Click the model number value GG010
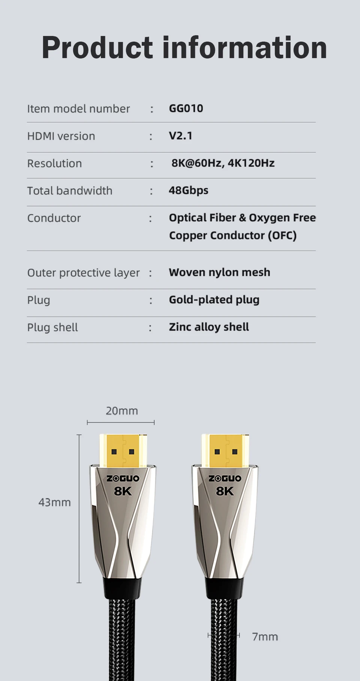(x=186, y=109)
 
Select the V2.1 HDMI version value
(x=180, y=136)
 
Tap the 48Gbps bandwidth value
(x=188, y=190)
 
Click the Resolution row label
(x=54, y=163)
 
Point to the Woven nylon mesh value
(x=219, y=272)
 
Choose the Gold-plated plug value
(x=214, y=300)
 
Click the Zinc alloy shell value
(x=209, y=327)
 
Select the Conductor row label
(x=54, y=218)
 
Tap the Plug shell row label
(x=52, y=328)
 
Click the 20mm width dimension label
(x=122, y=411)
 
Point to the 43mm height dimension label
(x=54, y=502)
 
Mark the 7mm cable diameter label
(x=265, y=637)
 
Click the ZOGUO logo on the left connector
(x=123, y=479)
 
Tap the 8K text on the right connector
(x=225, y=491)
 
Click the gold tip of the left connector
(x=123, y=451)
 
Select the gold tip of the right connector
(x=225, y=451)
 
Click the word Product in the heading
(x=97, y=48)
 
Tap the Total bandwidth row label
(x=70, y=191)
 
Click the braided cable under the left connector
(x=123, y=637)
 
